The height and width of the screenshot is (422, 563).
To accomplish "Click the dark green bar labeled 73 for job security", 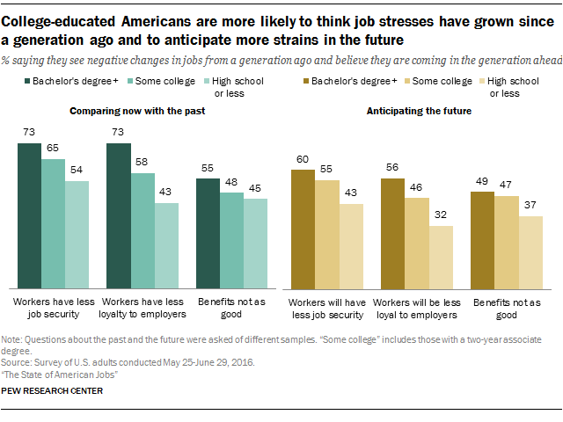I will [x=29, y=215].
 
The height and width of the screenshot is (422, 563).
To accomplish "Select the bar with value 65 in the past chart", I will [x=53, y=223].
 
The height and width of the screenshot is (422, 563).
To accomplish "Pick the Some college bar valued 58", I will [x=142, y=230].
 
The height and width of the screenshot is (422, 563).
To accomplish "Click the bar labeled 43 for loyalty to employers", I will [x=165, y=245].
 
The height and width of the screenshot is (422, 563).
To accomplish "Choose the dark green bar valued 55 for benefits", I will [x=207, y=233].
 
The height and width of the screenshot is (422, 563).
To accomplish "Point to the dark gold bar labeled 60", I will [x=303, y=229].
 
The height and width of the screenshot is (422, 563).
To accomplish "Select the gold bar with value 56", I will [x=391, y=232].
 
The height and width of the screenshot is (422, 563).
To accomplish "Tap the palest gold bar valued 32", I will [x=440, y=257].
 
